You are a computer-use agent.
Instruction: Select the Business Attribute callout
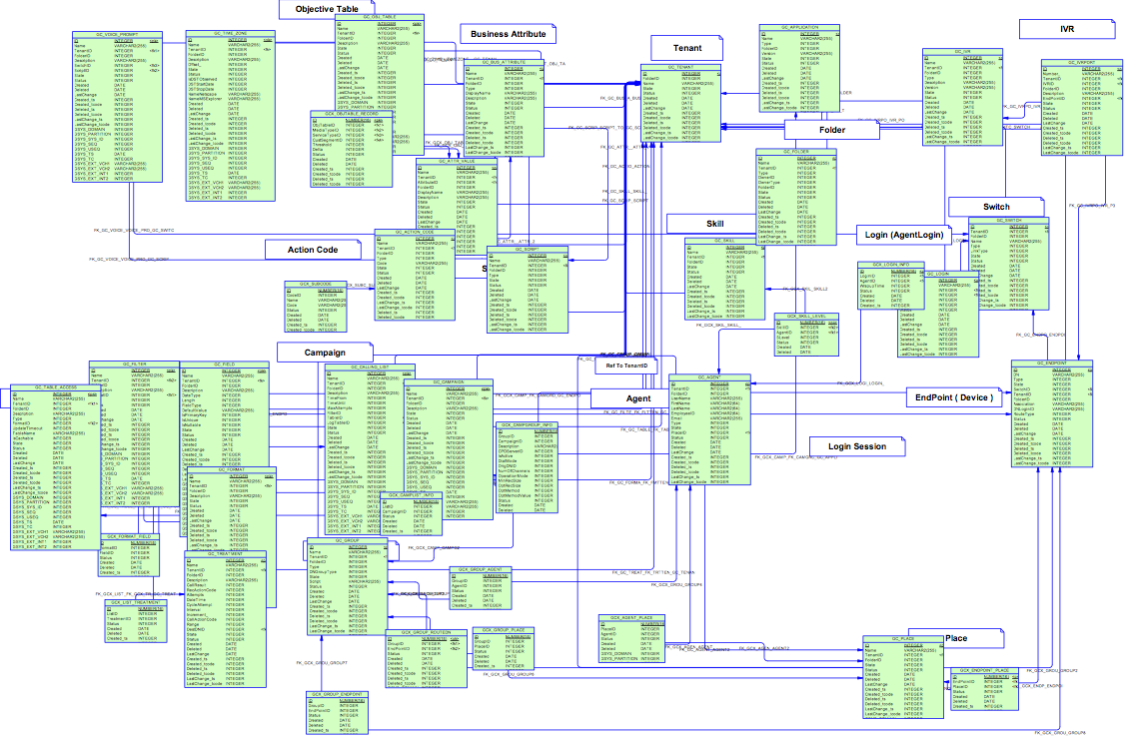click(508, 34)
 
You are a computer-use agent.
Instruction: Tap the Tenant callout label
click(687, 48)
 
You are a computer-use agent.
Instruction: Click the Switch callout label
click(996, 207)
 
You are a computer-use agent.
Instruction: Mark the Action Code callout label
click(313, 249)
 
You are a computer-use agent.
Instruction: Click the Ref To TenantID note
click(626, 366)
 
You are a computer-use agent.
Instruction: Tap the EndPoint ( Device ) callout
click(955, 397)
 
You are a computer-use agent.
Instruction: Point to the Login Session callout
click(857, 446)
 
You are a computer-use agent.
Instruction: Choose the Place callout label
click(956, 637)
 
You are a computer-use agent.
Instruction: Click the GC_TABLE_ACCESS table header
click(56, 386)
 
